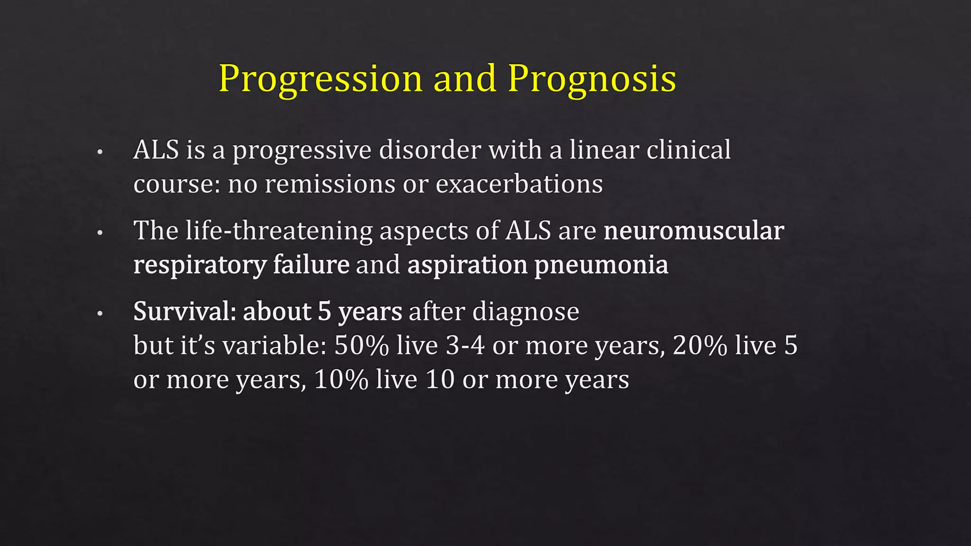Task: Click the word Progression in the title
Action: (x=320, y=79)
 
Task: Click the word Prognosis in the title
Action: (x=592, y=79)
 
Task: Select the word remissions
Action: (x=330, y=184)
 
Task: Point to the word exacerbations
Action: (x=519, y=184)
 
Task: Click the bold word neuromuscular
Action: (x=694, y=231)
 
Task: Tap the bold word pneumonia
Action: (x=601, y=264)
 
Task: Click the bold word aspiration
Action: (x=467, y=264)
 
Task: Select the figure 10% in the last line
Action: (x=341, y=379)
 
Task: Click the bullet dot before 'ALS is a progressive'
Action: (x=100, y=153)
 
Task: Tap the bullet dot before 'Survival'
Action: (x=100, y=314)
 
